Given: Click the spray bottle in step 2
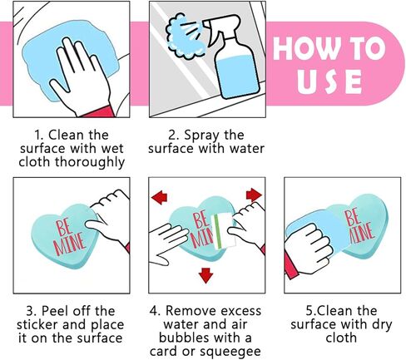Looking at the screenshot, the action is [x=235, y=61].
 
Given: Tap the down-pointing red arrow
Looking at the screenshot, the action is [x=205, y=275].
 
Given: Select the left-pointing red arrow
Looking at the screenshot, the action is [x=159, y=197].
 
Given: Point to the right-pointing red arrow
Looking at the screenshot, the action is [x=254, y=195].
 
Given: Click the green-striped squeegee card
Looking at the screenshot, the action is [x=223, y=231].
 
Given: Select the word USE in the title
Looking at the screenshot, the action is [x=329, y=81].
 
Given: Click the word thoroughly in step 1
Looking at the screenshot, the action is [x=90, y=162].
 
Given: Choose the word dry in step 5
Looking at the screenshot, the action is [x=382, y=324].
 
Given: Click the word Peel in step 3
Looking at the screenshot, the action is [x=55, y=311].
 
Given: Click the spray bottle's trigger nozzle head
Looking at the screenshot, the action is [x=221, y=23].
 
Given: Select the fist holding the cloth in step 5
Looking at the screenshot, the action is [x=309, y=248].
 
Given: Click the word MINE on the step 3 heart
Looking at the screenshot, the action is [x=69, y=244].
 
